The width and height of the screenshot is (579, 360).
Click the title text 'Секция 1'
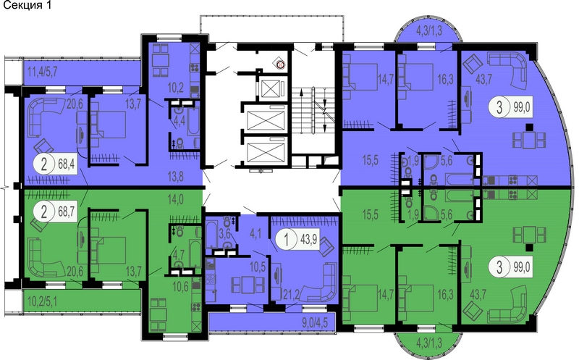(27, 6)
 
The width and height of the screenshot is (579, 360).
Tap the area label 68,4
(67, 163)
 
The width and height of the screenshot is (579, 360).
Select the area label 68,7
(67, 212)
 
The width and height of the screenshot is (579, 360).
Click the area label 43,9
(310, 240)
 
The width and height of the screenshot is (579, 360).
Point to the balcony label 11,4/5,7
(43, 72)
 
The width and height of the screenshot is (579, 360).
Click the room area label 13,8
(175, 177)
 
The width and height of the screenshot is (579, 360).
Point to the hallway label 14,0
(176, 199)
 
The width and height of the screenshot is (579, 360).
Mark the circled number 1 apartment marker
(286, 240)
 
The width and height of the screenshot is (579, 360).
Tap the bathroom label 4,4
(179, 122)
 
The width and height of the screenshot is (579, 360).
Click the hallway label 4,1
(255, 234)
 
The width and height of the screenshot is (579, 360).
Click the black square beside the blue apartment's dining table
(530, 127)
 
